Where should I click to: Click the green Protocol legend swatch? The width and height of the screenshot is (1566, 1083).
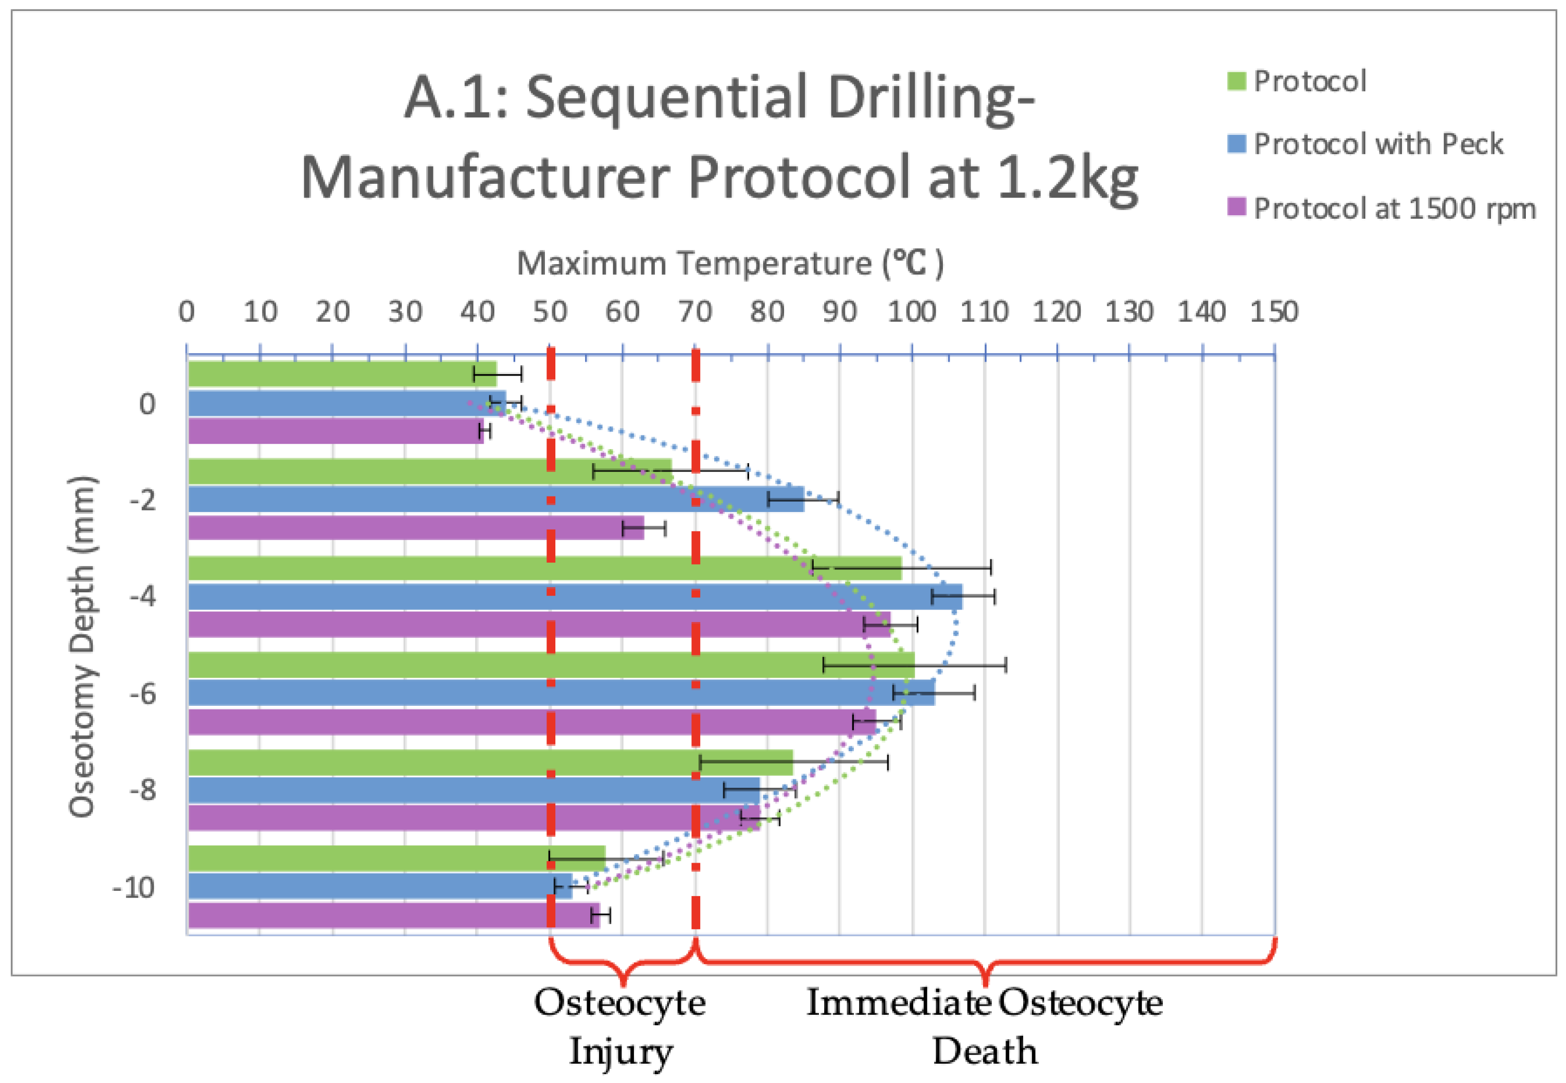(1236, 81)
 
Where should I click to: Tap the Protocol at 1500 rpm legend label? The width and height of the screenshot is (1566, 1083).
(1394, 208)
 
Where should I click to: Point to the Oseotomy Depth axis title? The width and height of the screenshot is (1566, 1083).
(83, 646)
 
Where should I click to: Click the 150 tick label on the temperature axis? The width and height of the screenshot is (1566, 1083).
(1274, 312)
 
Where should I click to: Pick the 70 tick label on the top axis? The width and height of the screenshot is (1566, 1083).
(695, 312)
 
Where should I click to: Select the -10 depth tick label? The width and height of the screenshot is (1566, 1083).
(134, 887)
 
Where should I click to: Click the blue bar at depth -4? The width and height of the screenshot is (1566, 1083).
(574, 597)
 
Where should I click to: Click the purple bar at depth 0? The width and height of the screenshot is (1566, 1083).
(335, 431)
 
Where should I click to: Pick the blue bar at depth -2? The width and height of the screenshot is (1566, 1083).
(495, 500)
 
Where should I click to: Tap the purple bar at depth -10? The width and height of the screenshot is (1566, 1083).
(393, 915)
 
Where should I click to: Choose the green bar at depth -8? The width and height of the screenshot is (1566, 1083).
(490, 762)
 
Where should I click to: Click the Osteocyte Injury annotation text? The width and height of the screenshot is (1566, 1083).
(619, 1026)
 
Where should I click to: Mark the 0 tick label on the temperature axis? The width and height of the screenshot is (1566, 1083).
(187, 312)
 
